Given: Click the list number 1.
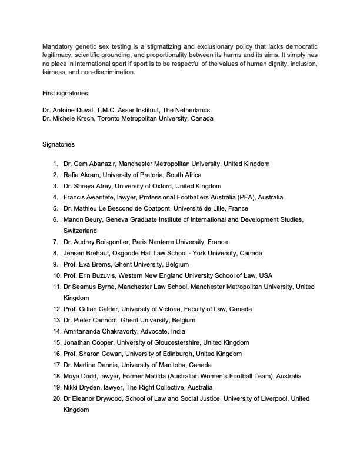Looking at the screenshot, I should [x=54, y=164].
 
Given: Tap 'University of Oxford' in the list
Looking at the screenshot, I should [x=139, y=186].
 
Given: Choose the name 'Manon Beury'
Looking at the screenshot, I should [x=81, y=219].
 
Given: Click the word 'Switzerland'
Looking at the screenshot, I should [x=81, y=231].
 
